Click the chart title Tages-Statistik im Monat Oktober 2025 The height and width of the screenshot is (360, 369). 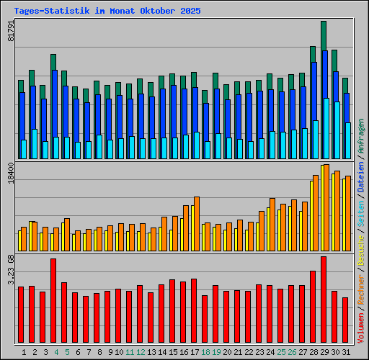click(x=107, y=12)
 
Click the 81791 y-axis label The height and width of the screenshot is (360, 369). click(x=11, y=32)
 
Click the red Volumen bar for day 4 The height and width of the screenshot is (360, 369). click(x=53, y=301)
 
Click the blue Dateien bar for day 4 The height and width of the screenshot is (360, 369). click(x=55, y=114)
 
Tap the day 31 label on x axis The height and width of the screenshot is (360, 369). click(x=346, y=352)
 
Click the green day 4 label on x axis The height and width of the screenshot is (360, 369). click(x=56, y=352)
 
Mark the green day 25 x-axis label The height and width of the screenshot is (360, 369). click(x=281, y=352)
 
